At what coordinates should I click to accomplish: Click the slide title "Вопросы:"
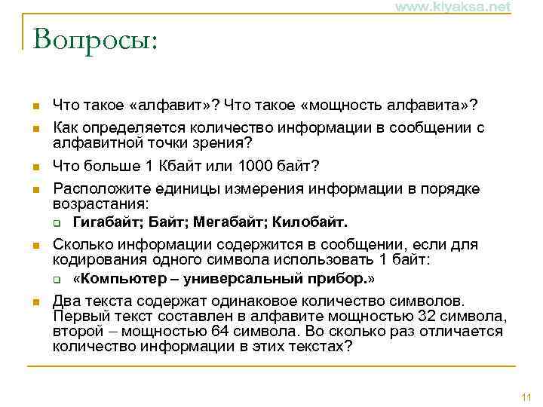click(x=95, y=38)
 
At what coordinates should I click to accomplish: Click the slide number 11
click(x=526, y=397)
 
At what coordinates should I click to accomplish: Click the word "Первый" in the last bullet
click(x=77, y=315)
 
